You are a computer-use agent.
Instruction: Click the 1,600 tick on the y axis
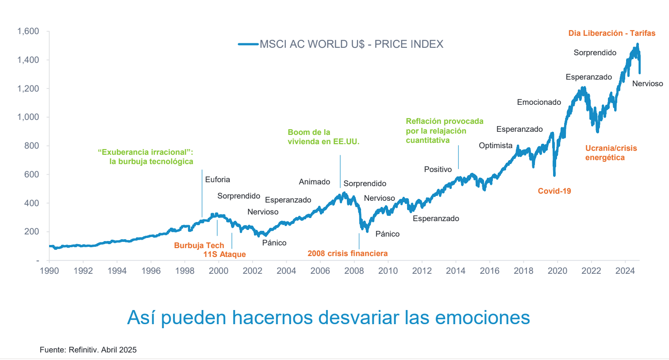point(28,31)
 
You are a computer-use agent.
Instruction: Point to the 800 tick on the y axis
point(32,146)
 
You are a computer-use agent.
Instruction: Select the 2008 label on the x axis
point(354,271)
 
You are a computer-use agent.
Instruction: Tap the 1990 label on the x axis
point(49,271)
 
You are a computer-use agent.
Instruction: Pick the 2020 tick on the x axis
point(557,271)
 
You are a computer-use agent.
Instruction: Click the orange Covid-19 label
point(554,191)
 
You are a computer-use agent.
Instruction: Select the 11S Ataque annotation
point(224,254)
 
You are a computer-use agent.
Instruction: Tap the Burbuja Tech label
point(199,245)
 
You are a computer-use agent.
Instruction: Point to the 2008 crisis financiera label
point(347,253)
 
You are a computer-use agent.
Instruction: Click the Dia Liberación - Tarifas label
point(612,33)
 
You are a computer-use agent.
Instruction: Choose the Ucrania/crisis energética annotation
point(611,153)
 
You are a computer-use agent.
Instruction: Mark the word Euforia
point(218,180)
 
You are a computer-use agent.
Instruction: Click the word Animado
point(315,182)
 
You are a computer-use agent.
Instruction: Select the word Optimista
point(496,146)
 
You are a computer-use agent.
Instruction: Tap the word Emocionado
point(539,102)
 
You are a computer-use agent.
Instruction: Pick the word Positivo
point(438,169)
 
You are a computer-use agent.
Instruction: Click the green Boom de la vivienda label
point(323,137)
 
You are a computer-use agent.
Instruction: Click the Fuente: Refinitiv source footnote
point(88,350)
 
